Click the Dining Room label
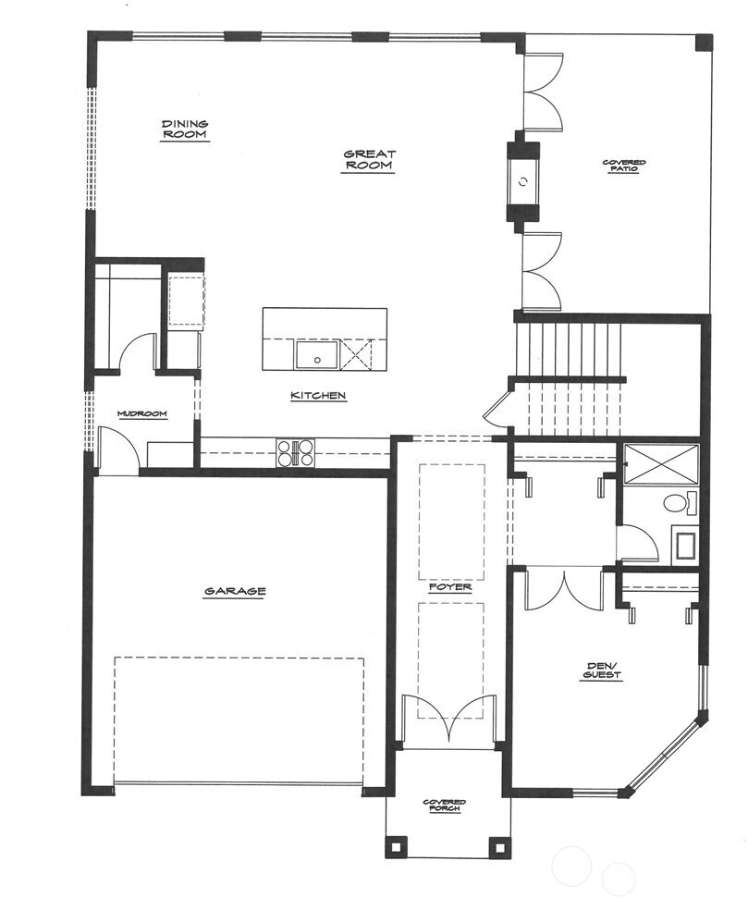point(185,129)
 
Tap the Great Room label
point(369,160)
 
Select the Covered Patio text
point(624,167)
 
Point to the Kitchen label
point(318,396)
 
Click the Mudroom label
point(142,414)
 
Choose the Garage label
point(235,591)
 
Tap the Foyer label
point(450,587)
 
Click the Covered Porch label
point(445,806)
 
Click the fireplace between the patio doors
point(523,181)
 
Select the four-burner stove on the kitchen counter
point(296,453)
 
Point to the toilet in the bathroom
point(677,504)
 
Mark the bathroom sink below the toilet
point(685,544)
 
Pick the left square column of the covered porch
point(397,845)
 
